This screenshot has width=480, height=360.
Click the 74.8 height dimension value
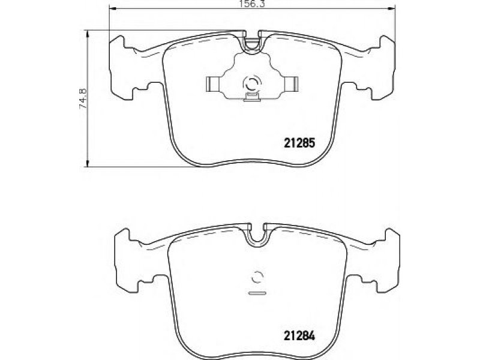click(x=83, y=98)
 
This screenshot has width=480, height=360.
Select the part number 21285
click(x=299, y=142)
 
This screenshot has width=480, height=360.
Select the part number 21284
click(x=299, y=336)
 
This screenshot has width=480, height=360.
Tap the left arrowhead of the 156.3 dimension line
click(x=113, y=10)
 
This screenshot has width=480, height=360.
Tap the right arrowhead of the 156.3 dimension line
click(x=392, y=10)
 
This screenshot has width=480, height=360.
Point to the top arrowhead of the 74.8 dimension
click(x=88, y=34)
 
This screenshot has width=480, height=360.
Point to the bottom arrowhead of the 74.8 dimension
click(x=88, y=163)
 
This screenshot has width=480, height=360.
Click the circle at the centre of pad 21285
click(x=252, y=83)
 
